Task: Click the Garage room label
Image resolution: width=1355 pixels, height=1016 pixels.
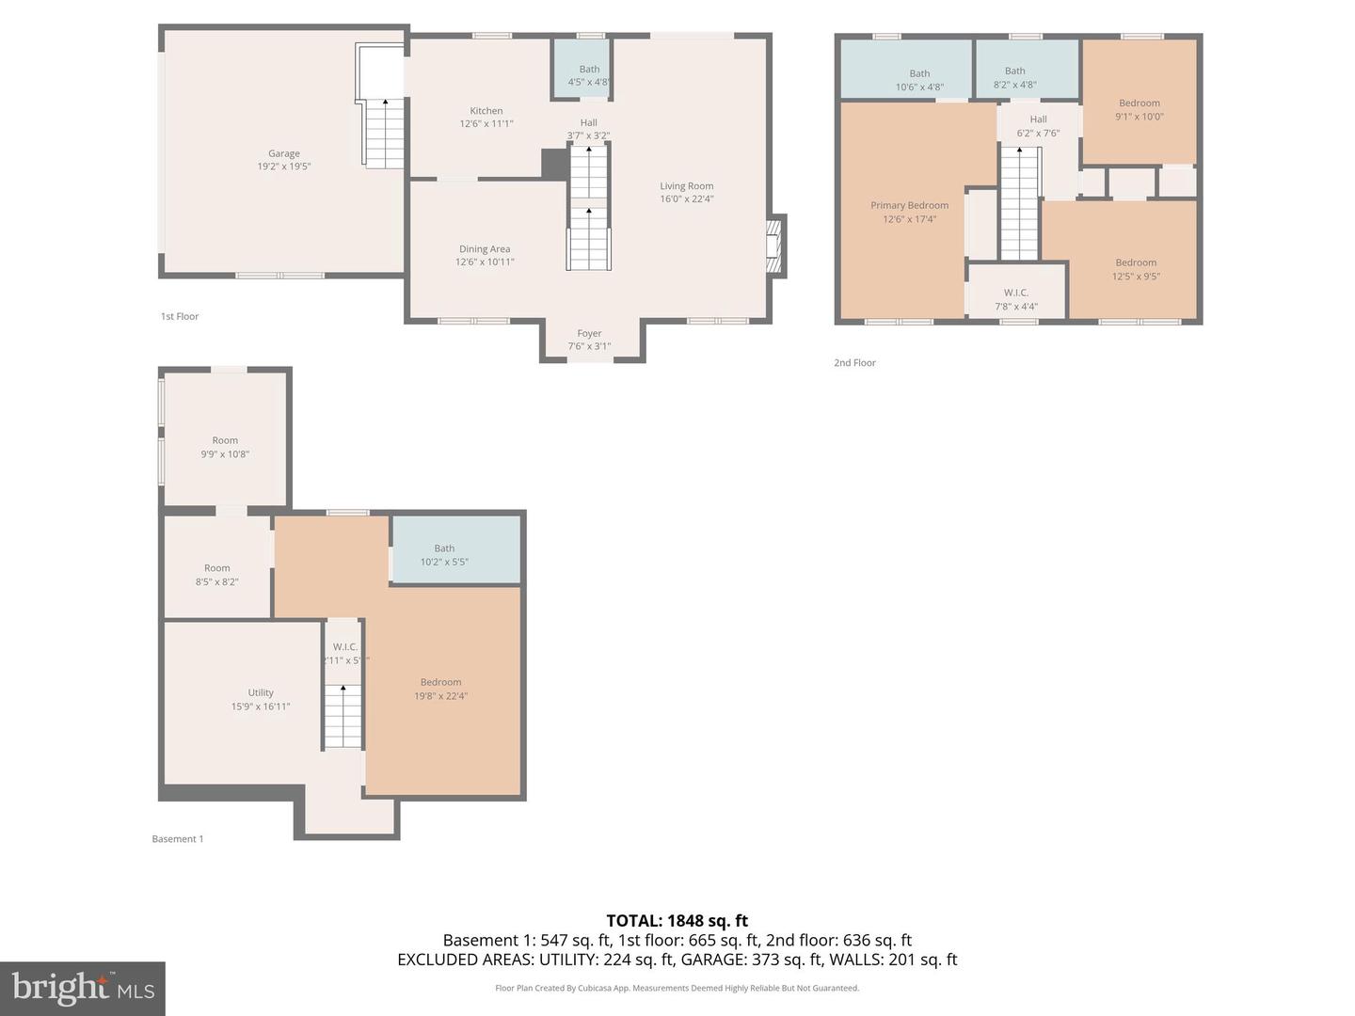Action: pos(283,154)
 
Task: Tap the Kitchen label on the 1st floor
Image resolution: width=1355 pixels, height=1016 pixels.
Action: pos(486,111)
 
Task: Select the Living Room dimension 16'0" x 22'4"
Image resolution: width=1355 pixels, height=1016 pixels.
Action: pos(686,198)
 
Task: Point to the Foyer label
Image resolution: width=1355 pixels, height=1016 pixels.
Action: pos(589,334)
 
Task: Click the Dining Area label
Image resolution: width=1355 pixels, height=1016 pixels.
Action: pos(485,249)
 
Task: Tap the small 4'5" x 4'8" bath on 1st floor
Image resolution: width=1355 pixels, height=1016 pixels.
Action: pos(589,75)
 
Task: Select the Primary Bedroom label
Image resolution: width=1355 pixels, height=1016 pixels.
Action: pos(909,206)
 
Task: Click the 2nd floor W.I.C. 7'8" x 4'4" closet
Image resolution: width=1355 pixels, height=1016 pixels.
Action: pos(1016,299)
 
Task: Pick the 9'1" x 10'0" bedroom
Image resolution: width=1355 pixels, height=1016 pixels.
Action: pos(1139,110)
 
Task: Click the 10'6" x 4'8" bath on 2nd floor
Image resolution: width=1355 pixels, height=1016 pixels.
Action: pos(918,80)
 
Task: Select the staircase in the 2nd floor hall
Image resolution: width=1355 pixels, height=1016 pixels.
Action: pos(1019,203)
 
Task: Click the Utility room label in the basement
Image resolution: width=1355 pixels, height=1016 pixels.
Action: pos(261,693)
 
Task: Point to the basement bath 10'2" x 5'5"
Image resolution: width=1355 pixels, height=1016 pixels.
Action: pos(444,555)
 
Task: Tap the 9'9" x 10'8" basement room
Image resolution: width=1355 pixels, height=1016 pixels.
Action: pos(225,447)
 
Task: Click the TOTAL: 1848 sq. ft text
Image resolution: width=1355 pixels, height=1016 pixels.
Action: pos(677,921)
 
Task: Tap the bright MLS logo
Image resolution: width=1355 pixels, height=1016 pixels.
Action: pos(83,988)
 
